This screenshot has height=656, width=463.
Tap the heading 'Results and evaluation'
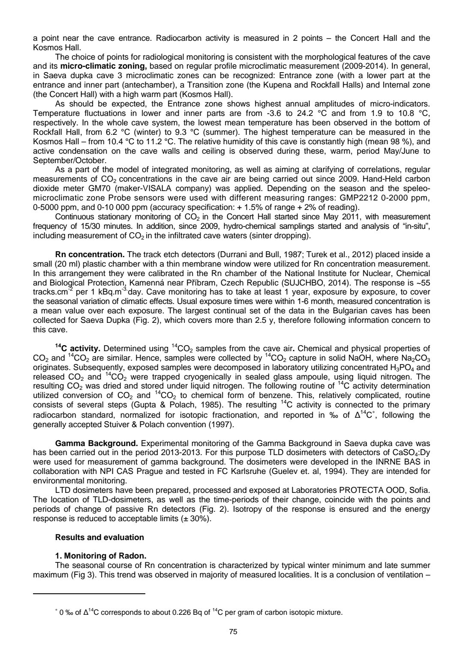99,537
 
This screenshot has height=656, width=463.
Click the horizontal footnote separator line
89,593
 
